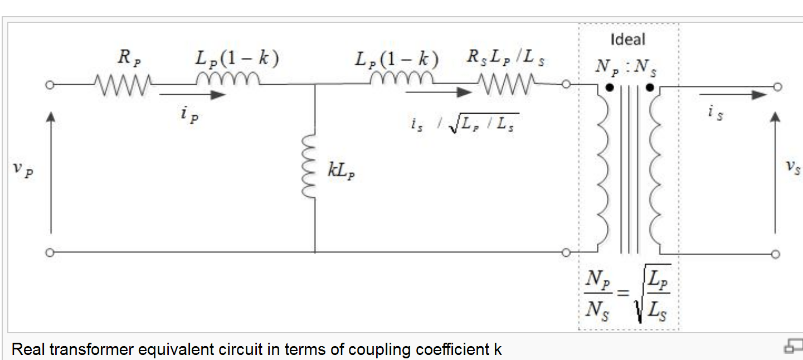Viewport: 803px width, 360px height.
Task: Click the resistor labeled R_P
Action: [121, 85]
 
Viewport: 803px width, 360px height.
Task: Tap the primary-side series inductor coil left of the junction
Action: [228, 81]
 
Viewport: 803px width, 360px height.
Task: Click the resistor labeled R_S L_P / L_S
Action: [507, 85]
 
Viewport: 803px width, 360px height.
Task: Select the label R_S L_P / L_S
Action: [505, 60]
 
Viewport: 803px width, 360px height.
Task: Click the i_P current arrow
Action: [192, 95]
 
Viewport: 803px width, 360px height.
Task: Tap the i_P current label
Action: [188, 114]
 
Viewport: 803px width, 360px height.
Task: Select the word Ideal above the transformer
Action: [628, 40]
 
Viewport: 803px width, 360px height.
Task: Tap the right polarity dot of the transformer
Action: [649, 87]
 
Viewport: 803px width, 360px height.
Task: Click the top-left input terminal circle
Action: [50, 85]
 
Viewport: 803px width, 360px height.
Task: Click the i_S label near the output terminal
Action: [715, 113]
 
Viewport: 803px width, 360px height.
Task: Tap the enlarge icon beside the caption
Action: [792, 346]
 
